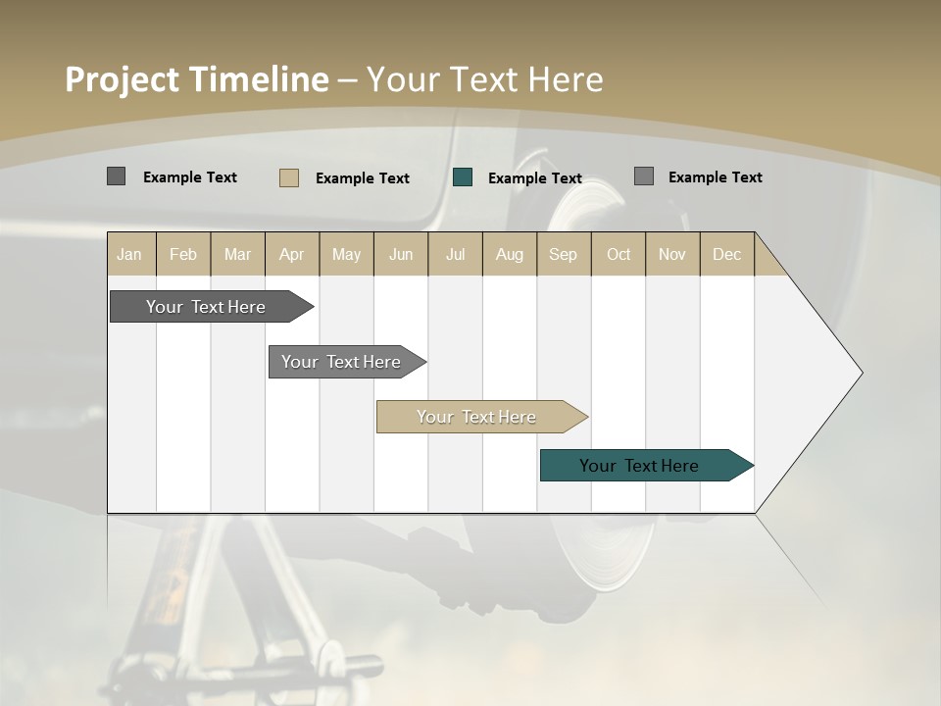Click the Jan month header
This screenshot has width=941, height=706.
tap(129, 254)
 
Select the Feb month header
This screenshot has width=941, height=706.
tap(183, 254)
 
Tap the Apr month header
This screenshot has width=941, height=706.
tap(291, 254)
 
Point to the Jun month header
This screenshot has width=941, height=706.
tap(401, 254)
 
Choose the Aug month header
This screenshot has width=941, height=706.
tap(509, 254)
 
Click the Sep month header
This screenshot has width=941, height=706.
tap(563, 254)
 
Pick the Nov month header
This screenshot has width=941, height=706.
tap(671, 254)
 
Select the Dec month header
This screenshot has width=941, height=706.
tap(726, 254)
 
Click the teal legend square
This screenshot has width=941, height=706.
tap(463, 177)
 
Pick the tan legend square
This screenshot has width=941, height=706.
tap(289, 177)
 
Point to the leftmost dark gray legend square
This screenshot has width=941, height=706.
tap(116, 176)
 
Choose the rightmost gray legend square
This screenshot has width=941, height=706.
tap(644, 176)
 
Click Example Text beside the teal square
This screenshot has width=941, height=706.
tap(535, 178)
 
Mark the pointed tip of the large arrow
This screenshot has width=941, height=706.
tap(861, 373)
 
